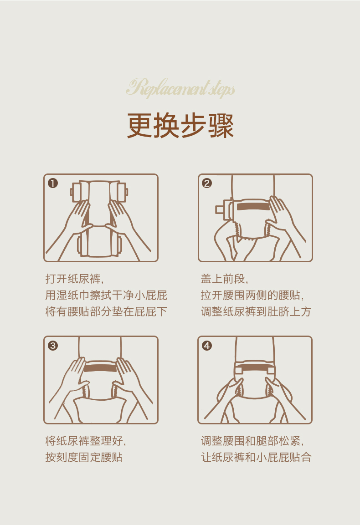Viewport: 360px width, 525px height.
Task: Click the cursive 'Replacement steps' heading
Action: [x=180, y=88]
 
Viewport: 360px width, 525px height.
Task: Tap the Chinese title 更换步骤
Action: [x=180, y=126]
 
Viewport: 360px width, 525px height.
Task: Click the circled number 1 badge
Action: [x=53, y=183]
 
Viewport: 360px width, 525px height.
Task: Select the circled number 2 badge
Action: [x=207, y=183]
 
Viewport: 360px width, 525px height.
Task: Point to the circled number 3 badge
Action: [x=53, y=346]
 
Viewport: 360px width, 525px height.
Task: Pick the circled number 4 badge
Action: [x=207, y=346]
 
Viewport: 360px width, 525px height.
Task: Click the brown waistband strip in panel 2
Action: [x=253, y=207]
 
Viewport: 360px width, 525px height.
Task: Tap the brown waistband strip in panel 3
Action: [x=100, y=368]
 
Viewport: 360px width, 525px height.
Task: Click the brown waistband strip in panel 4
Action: [x=254, y=368]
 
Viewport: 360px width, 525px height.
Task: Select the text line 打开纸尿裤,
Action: [x=74, y=279]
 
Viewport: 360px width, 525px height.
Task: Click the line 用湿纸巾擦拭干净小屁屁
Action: [x=106, y=295]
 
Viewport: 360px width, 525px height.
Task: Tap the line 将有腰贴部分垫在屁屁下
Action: [x=106, y=311]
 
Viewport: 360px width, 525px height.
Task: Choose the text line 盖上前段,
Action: [x=225, y=279]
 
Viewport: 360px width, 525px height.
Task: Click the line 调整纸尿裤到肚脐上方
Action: [x=256, y=311]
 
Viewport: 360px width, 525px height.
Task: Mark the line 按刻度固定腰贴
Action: [x=84, y=457]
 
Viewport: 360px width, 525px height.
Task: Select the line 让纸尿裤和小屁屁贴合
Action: [x=256, y=457]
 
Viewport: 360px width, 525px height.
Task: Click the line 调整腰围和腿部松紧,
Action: [x=252, y=441]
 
